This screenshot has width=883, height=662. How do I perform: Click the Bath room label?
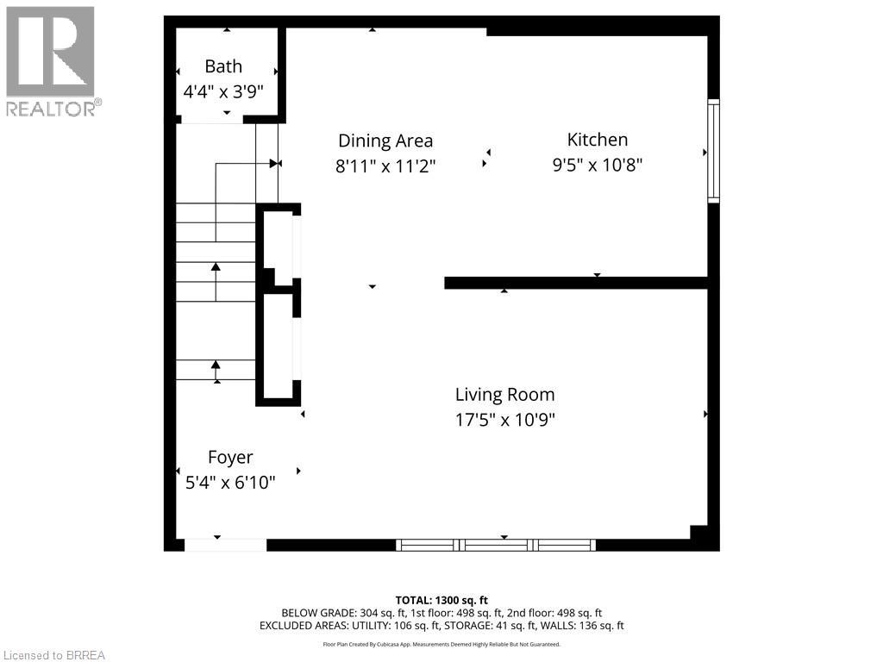coord(223,66)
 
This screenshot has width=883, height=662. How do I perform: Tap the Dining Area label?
coord(385,141)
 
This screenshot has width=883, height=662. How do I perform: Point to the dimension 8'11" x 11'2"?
coord(385,165)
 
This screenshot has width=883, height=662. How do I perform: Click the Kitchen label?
coord(597,140)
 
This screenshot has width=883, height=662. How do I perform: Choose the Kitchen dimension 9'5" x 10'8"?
coord(597,165)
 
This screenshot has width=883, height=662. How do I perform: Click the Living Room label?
coord(504,395)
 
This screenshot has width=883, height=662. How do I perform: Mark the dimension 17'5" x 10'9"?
coord(504,420)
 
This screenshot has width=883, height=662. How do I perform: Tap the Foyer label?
coord(230,458)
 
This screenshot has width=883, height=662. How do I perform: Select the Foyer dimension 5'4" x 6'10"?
coord(230,483)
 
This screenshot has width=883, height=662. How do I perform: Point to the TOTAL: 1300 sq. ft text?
coord(441,600)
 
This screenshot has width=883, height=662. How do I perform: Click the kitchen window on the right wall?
coord(713,152)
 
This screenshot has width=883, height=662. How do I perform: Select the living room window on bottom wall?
coord(496,545)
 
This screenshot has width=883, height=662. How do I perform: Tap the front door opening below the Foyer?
coord(225,545)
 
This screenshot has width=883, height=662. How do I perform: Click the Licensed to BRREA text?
coord(53,655)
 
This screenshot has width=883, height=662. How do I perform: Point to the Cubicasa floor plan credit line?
coord(441,644)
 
